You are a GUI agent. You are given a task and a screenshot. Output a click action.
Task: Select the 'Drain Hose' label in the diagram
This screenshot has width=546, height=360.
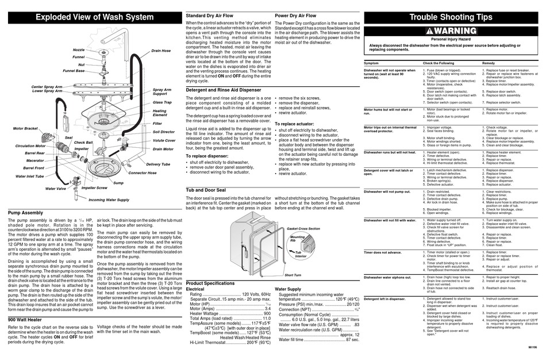(x=161, y=51)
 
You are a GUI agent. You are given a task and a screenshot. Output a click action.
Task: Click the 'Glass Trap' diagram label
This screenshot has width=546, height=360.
(x=162, y=102)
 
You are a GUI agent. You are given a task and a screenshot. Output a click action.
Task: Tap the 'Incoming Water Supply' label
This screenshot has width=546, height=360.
(x=109, y=200)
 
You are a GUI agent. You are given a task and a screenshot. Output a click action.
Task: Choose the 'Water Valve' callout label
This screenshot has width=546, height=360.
(x=56, y=188)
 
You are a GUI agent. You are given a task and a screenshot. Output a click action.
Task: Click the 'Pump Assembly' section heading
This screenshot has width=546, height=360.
(x=26, y=213)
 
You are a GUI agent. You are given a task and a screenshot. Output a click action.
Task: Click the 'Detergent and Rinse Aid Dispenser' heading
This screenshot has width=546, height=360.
(x=224, y=90)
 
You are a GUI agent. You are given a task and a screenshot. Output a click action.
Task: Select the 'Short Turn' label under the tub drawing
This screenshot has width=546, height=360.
(x=293, y=275)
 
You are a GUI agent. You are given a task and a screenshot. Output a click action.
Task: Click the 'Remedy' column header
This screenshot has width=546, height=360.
(x=489, y=62)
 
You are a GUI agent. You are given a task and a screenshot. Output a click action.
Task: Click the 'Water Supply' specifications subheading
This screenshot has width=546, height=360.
(x=288, y=289)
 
